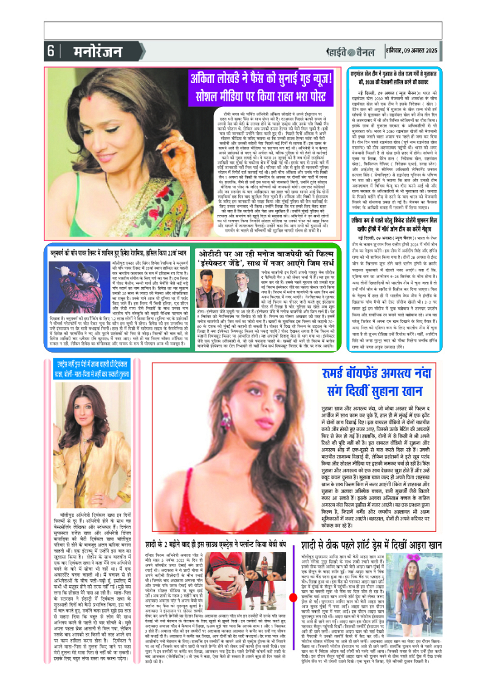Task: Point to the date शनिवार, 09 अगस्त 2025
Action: (x=444, y=50)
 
